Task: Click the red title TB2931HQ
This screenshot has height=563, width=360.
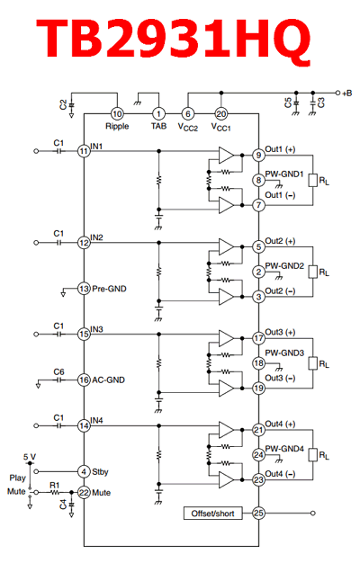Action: pyautogui.click(x=173, y=39)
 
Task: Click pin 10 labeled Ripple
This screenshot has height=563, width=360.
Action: pyautogui.click(x=117, y=114)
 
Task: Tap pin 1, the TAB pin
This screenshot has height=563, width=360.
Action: pyautogui.click(x=158, y=114)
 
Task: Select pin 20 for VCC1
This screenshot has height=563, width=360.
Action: pyautogui.click(x=221, y=114)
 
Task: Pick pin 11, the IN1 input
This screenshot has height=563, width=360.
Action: pyautogui.click(x=84, y=151)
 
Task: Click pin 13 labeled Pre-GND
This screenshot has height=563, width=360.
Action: pyautogui.click(x=84, y=289)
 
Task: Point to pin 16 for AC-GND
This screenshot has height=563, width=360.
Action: pyautogui.click(x=84, y=380)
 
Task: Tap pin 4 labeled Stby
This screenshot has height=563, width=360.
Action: pyautogui.click(x=84, y=471)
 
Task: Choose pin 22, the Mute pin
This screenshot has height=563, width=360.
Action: pyautogui.click(x=84, y=492)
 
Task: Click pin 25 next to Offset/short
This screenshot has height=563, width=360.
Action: pyautogui.click(x=258, y=514)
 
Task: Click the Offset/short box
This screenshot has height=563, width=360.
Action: pyautogui.click(x=212, y=514)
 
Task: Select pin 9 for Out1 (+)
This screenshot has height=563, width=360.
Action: pyautogui.click(x=258, y=155)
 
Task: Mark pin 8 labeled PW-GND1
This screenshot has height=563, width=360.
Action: pyautogui.click(x=258, y=180)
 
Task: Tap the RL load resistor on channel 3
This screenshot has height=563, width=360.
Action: pyautogui.click(x=312, y=363)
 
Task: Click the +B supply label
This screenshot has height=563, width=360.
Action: pyautogui.click(x=347, y=94)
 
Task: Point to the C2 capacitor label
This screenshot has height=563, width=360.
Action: pyautogui.click(x=63, y=105)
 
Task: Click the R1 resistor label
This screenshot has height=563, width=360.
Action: pyautogui.click(x=55, y=485)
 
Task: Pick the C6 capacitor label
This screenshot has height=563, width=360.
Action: pyautogui.click(x=58, y=372)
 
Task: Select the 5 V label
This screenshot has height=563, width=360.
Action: pyautogui.click(x=30, y=457)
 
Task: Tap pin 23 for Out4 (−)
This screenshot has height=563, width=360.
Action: pyautogui.click(x=258, y=479)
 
